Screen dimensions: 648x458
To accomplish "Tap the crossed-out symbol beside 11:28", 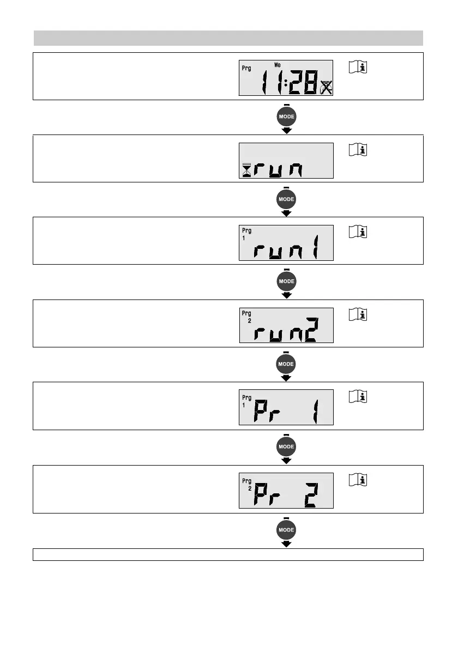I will coord(327,88).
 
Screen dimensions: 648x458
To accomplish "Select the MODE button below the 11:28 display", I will coord(287,117).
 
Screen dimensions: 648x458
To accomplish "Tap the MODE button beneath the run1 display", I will coord(287,282).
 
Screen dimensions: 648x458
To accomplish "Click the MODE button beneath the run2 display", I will coord(287,364).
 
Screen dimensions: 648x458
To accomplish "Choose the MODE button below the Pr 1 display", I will coord(287,447).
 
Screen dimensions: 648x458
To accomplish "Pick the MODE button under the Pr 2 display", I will coord(287,529).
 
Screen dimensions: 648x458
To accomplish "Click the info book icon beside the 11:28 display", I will coord(358,68).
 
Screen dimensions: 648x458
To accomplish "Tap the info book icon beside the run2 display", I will coord(358,315).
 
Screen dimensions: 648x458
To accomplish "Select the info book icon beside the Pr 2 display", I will coord(358,480).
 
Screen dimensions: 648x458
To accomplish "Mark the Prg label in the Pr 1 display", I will coord(246,398).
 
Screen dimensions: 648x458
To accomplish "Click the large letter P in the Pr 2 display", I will coord(263,496).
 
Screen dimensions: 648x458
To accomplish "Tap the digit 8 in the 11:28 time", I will coord(311,84).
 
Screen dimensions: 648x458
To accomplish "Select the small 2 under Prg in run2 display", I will coord(249,321).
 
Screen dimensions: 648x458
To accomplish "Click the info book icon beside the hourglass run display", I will coord(358,150).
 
